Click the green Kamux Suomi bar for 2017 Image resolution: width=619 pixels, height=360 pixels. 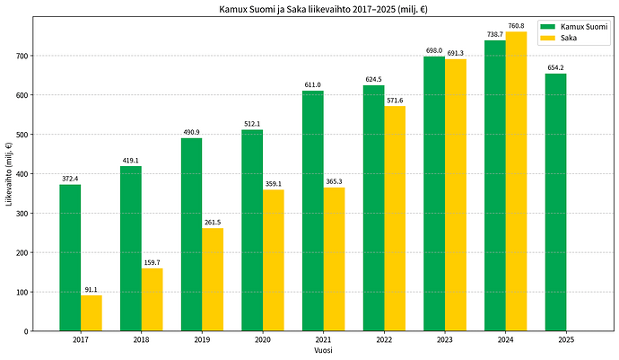tap(70, 258)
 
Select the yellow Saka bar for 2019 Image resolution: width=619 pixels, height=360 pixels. tap(213, 279)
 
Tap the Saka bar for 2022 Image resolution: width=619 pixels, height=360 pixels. tap(395, 218)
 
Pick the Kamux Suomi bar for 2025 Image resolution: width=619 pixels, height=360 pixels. tap(556, 202)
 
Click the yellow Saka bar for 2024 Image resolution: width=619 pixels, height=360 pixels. tap(517, 181)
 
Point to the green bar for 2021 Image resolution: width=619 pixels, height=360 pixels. tap(313, 211)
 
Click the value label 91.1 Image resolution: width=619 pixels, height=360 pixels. tap(92, 290)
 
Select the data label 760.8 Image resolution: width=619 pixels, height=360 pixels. tap(517, 26)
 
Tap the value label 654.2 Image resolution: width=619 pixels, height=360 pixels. tap(556, 68)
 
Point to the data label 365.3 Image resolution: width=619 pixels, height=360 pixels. tap(334, 181)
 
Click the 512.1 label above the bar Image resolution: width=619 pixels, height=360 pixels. tap(252, 124)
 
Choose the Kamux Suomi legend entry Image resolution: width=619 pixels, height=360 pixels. tap(574, 27)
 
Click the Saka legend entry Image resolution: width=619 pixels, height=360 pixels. tap(559, 38)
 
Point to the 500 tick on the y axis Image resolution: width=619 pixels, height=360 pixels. tap(22, 135)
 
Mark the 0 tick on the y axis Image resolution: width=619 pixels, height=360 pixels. tap(26, 331)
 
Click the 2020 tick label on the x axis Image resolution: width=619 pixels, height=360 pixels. tap(263, 340)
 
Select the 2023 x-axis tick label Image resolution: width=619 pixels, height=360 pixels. tap(445, 340)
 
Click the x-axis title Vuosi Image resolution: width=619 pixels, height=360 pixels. tap(323, 350)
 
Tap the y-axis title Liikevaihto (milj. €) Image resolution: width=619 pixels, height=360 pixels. tap(9, 174)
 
